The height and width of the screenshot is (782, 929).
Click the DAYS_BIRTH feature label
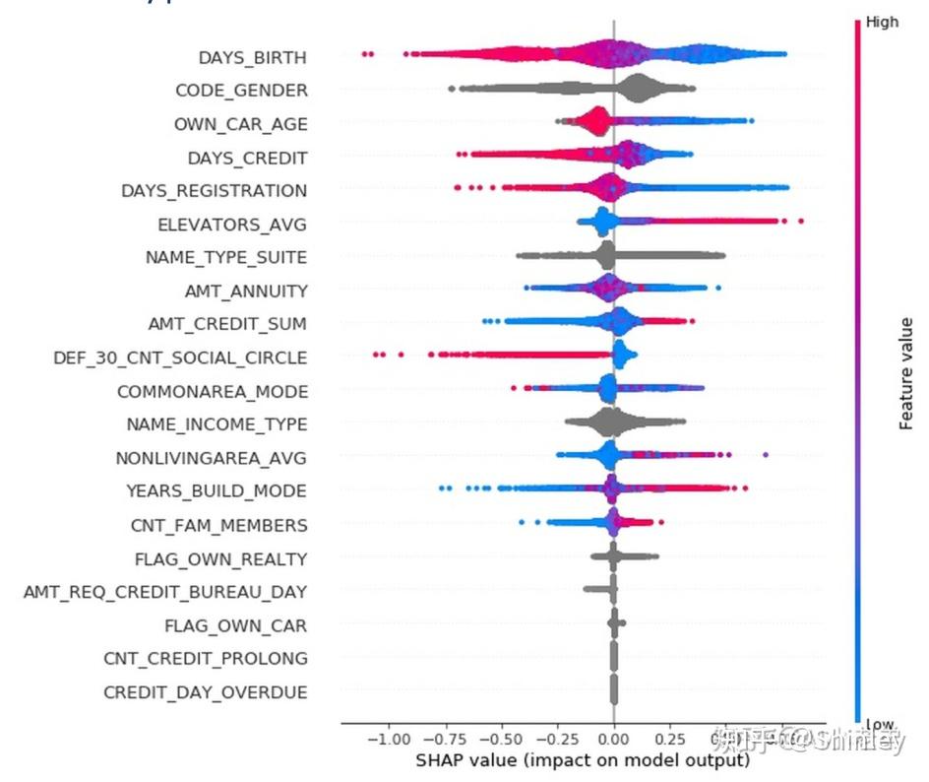252,57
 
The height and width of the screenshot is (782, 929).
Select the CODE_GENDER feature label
241,91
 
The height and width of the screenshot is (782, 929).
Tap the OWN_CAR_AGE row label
240,124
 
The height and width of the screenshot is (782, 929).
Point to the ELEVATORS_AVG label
232,224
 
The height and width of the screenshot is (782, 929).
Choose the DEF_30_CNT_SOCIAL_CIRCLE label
180,358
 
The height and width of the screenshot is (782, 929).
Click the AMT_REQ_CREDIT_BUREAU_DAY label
165,591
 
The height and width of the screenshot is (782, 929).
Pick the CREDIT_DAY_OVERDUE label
205,692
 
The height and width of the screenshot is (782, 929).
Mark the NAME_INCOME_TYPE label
217,424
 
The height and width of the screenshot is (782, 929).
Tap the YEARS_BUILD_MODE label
217,490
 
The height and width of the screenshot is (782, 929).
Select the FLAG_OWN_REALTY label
220,558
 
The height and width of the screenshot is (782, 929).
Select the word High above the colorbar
882,22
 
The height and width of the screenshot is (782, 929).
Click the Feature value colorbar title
906,373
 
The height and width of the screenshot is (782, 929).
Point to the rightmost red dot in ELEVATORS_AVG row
801,221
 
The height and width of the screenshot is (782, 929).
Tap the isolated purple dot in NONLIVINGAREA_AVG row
766,454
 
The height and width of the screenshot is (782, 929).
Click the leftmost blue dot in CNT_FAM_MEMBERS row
522,521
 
